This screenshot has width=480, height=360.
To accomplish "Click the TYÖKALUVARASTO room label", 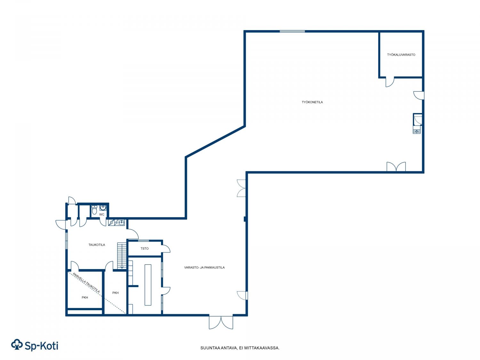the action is tap(401, 55).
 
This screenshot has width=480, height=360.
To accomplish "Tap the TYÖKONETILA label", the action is tap(312, 102).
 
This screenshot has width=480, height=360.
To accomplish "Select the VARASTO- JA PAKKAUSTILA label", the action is tap(204, 267).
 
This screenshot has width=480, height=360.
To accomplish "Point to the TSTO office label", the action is tap(145, 249).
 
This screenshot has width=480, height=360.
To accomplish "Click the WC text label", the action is tap(102, 214).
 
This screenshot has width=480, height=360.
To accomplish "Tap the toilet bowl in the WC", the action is tap(94, 210).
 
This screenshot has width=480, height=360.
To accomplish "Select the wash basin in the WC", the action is tap(103, 207).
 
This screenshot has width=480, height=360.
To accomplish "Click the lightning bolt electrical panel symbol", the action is tap(111, 222).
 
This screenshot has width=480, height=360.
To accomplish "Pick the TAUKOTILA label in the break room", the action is tap(97, 245).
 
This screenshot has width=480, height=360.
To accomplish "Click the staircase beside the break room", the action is tap(122, 255).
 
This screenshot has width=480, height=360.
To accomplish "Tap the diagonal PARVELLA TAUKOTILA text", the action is tap(86, 283).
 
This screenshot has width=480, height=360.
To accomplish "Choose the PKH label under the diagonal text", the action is tap(85, 298).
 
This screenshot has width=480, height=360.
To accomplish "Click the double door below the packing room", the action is tap(221, 322).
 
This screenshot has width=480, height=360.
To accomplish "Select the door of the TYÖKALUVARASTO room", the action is tap(390, 82).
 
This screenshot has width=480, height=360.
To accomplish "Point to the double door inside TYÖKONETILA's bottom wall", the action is tap(396, 166).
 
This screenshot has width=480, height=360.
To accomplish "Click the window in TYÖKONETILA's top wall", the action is tap(292, 31).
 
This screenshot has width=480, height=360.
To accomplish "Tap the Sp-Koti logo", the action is tap(35, 345).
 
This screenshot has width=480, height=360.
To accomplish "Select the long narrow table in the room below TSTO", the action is tap(148, 285).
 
